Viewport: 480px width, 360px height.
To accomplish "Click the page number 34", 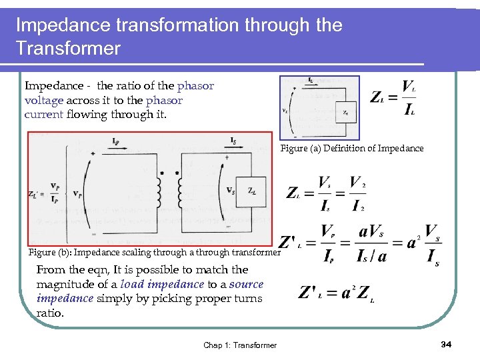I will coord(447,344).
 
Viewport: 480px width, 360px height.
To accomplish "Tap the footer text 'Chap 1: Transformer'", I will coord(240,345).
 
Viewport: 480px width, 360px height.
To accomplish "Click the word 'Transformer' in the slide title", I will coord(68,48).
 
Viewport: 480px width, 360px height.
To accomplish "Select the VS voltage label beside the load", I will coord(231,191).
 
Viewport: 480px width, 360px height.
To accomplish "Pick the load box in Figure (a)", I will coord(347,112).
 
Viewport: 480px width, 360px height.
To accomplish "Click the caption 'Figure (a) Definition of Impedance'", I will coord(352,149).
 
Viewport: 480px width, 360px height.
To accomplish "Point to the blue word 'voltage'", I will coord(43,100).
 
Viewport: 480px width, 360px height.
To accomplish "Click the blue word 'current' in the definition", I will coord(44,114).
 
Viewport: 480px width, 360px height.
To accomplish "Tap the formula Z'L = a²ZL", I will coord(337,292).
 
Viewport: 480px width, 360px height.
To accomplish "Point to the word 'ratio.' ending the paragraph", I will coord(51,313).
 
